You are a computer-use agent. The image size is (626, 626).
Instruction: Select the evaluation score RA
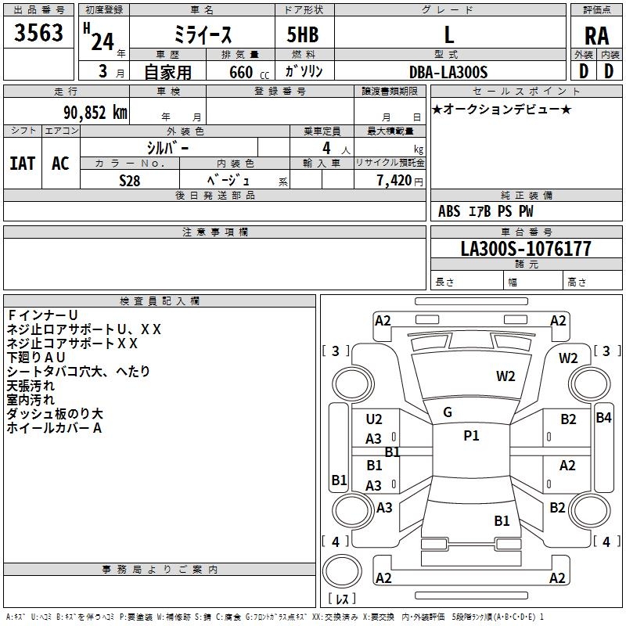pos(596,36)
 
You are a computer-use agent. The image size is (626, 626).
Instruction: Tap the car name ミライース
pos(201,35)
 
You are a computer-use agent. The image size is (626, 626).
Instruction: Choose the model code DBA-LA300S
pos(448,72)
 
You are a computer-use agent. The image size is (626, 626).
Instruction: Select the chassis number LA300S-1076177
pos(526,250)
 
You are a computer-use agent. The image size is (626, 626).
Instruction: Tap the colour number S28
pos(130,181)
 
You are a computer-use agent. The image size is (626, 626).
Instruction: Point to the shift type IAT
pos(22,164)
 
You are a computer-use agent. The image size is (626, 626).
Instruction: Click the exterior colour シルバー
pos(167,147)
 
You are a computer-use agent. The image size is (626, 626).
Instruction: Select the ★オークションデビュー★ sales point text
pos(502,110)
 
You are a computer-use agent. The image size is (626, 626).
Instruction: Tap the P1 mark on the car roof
pos(471,436)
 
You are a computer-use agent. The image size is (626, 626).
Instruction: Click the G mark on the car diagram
pos(448,412)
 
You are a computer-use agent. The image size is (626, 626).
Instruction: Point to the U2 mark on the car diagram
pos(374,419)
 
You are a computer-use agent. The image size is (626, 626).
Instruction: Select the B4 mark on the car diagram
pos(603,417)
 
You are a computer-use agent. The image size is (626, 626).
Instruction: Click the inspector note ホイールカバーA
pos(55,428)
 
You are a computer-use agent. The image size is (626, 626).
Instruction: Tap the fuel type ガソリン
pos(305,72)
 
